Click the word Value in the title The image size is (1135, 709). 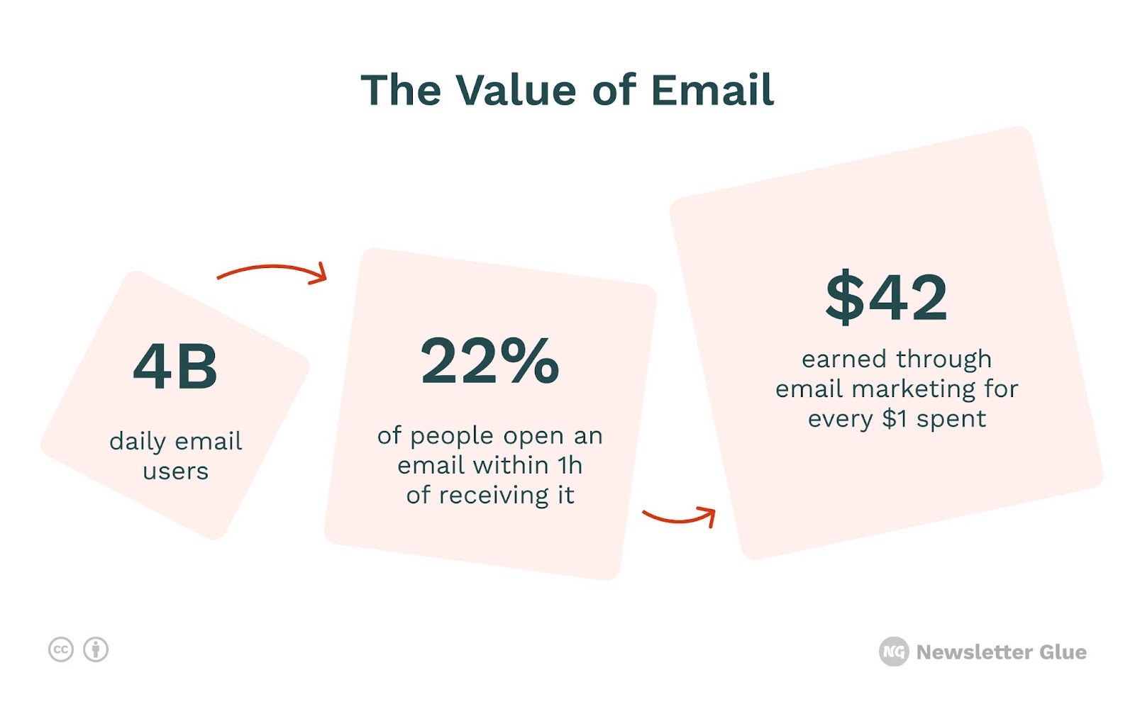tap(516, 90)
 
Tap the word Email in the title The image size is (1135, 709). tap(712, 90)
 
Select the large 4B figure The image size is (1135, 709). tap(175, 366)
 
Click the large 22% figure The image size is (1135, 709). tap(489, 361)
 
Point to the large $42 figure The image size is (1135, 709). tap(886, 297)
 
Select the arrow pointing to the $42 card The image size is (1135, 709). tap(680, 518)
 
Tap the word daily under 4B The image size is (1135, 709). tap(138, 442)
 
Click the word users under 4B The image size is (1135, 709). tap(175, 471)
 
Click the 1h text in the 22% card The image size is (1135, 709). tap(570, 465)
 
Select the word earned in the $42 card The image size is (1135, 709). tap(844, 359)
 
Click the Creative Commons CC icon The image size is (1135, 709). tap(61, 649)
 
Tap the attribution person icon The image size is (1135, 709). tap(96, 649)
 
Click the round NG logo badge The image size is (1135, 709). tap(894, 652)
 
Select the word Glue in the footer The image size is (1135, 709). tap(1063, 652)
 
